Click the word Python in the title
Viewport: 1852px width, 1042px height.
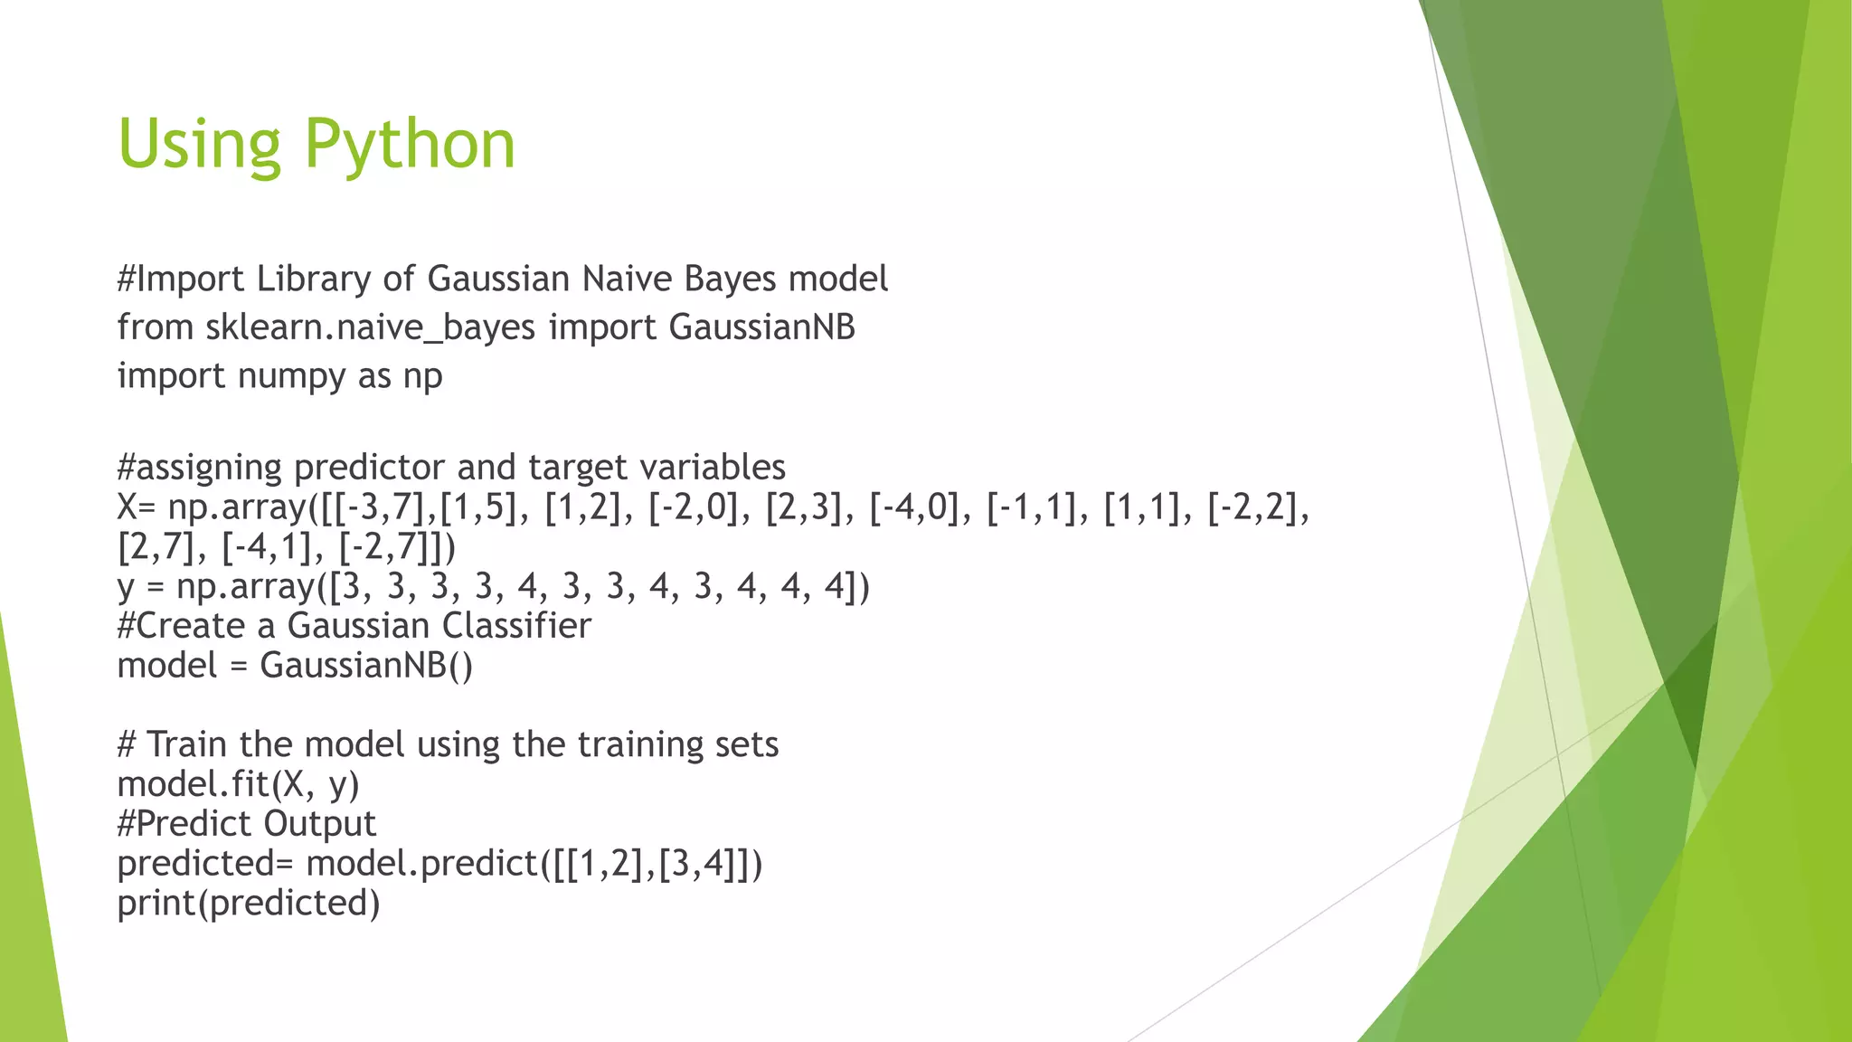409,145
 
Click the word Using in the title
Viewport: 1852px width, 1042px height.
200,145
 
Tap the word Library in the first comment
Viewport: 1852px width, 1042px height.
313,279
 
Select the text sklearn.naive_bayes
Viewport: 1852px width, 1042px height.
371,327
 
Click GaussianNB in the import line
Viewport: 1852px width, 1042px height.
761,327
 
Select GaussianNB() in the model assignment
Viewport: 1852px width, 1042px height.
366,666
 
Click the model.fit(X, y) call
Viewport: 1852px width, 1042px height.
239,784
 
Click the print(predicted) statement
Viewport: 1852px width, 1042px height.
249,904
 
